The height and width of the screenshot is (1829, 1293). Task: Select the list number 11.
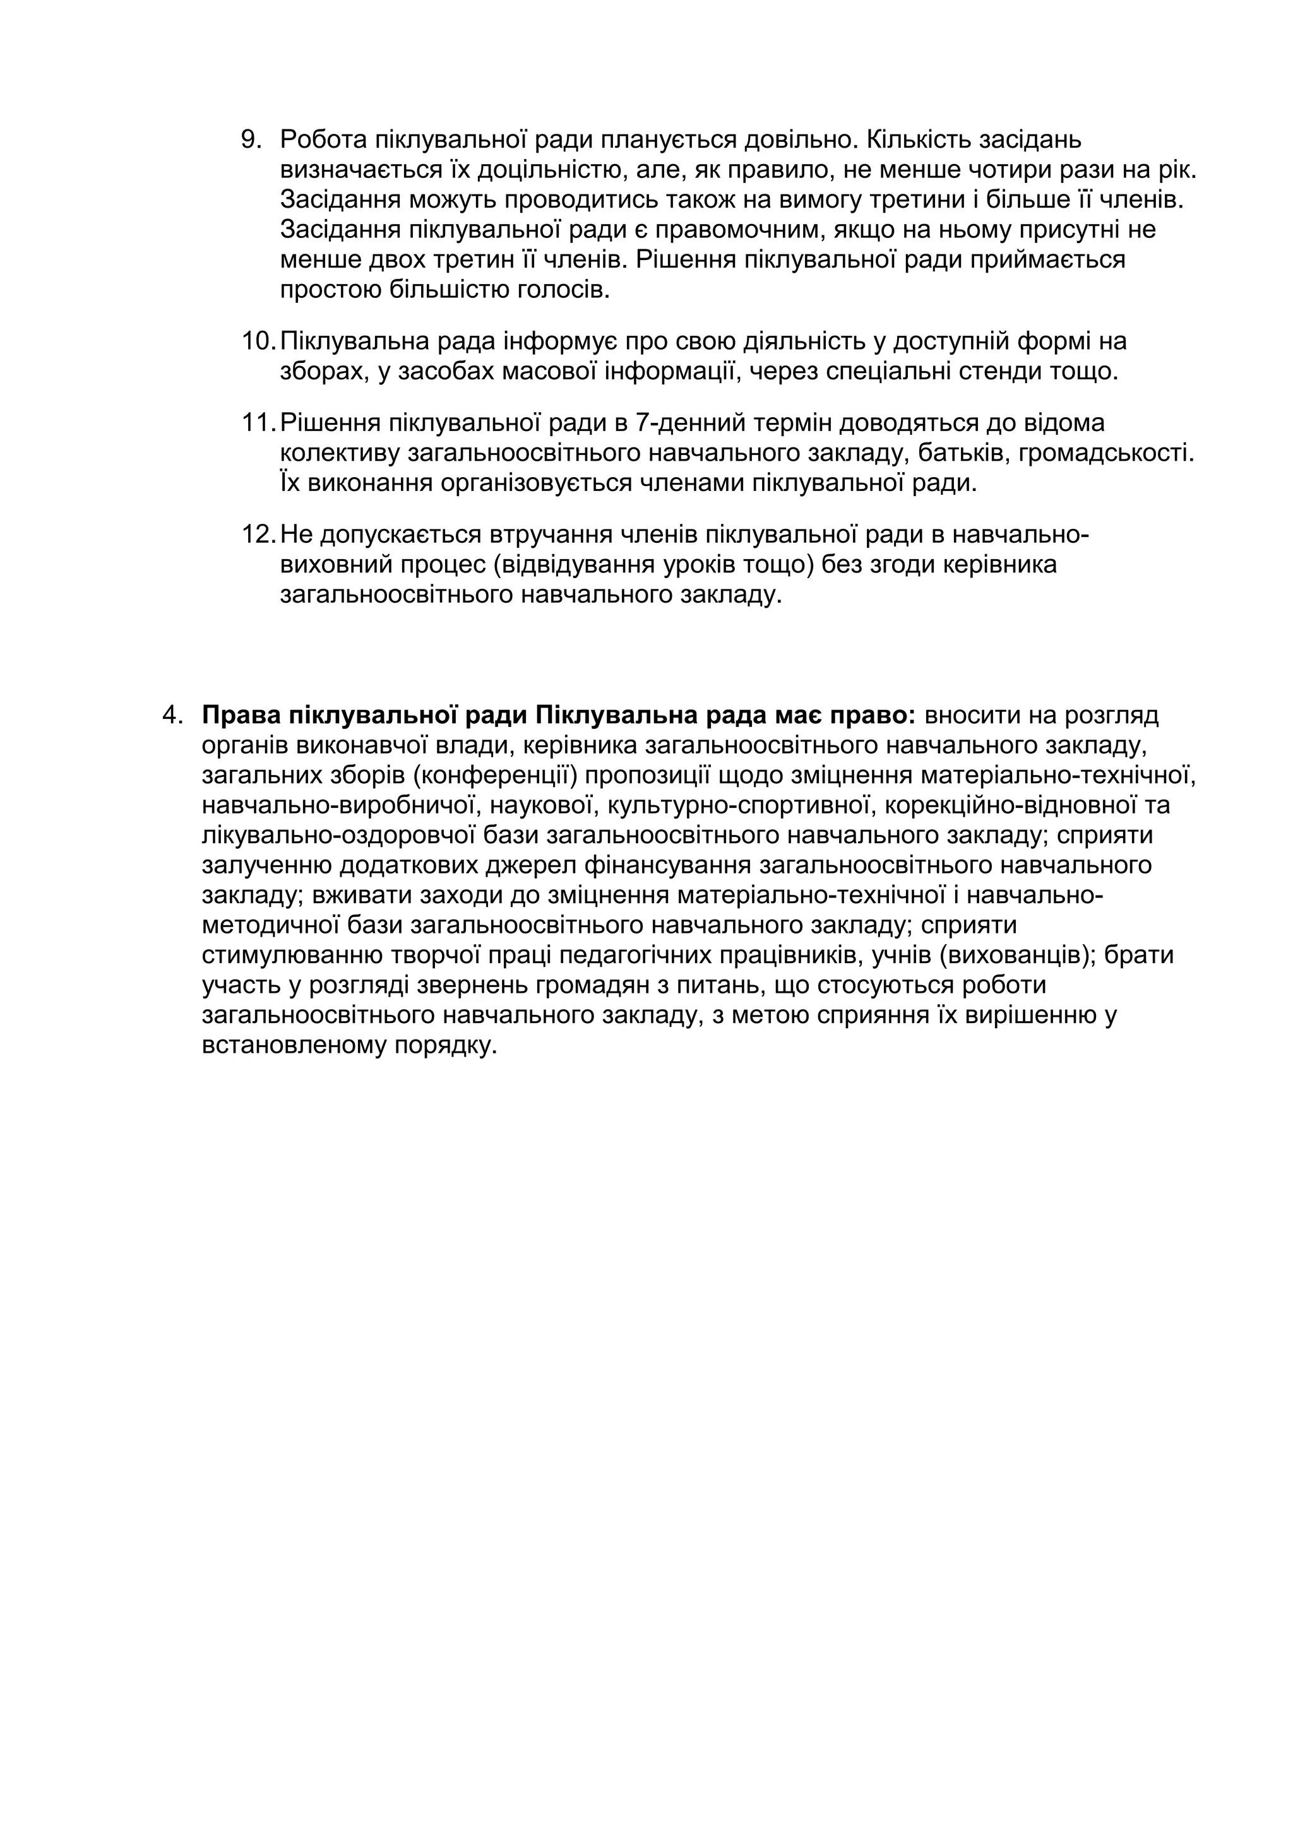(258, 422)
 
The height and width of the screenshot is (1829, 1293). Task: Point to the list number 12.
(258, 534)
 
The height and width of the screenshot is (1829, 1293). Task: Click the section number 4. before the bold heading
(173, 714)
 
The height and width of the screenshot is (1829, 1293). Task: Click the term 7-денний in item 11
(691, 422)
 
